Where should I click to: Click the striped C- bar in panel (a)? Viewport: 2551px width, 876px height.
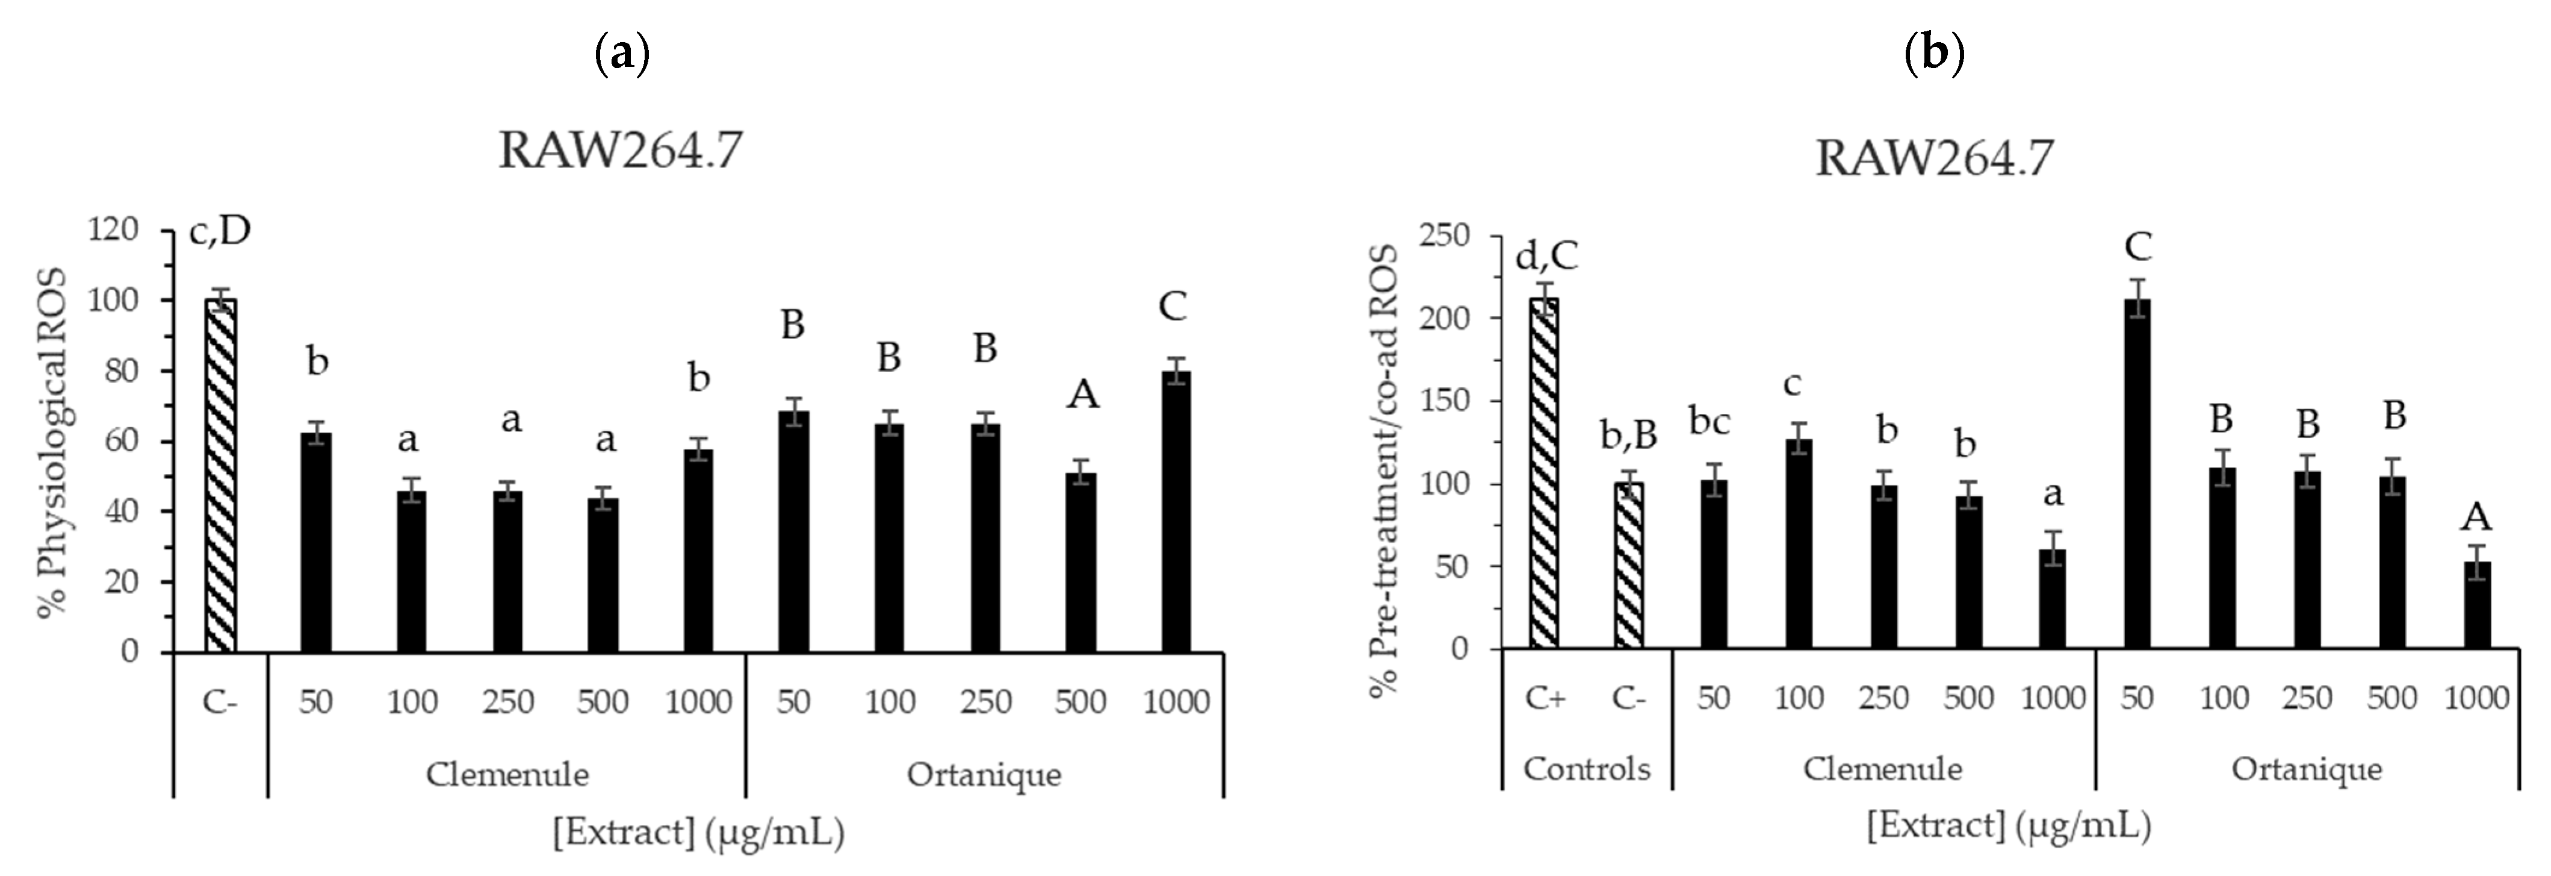click(220, 476)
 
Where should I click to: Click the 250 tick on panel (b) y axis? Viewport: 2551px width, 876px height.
click(1444, 236)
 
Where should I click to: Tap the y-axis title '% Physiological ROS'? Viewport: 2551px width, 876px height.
click(52, 441)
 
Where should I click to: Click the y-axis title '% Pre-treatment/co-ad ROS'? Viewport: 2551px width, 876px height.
click(1383, 471)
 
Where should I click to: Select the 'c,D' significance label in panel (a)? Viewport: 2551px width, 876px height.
click(220, 231)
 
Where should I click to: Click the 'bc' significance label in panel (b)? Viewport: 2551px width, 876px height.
click(1709, 422)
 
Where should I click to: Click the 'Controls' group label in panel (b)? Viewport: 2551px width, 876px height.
click(1587, 769)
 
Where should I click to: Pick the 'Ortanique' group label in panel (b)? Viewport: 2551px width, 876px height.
click(2307, 769)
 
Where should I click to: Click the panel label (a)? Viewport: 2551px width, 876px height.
click(622, 54)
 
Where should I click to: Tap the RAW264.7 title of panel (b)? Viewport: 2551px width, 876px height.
click(1934, 158)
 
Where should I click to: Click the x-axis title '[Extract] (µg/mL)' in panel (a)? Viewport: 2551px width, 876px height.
click(698, 833)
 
